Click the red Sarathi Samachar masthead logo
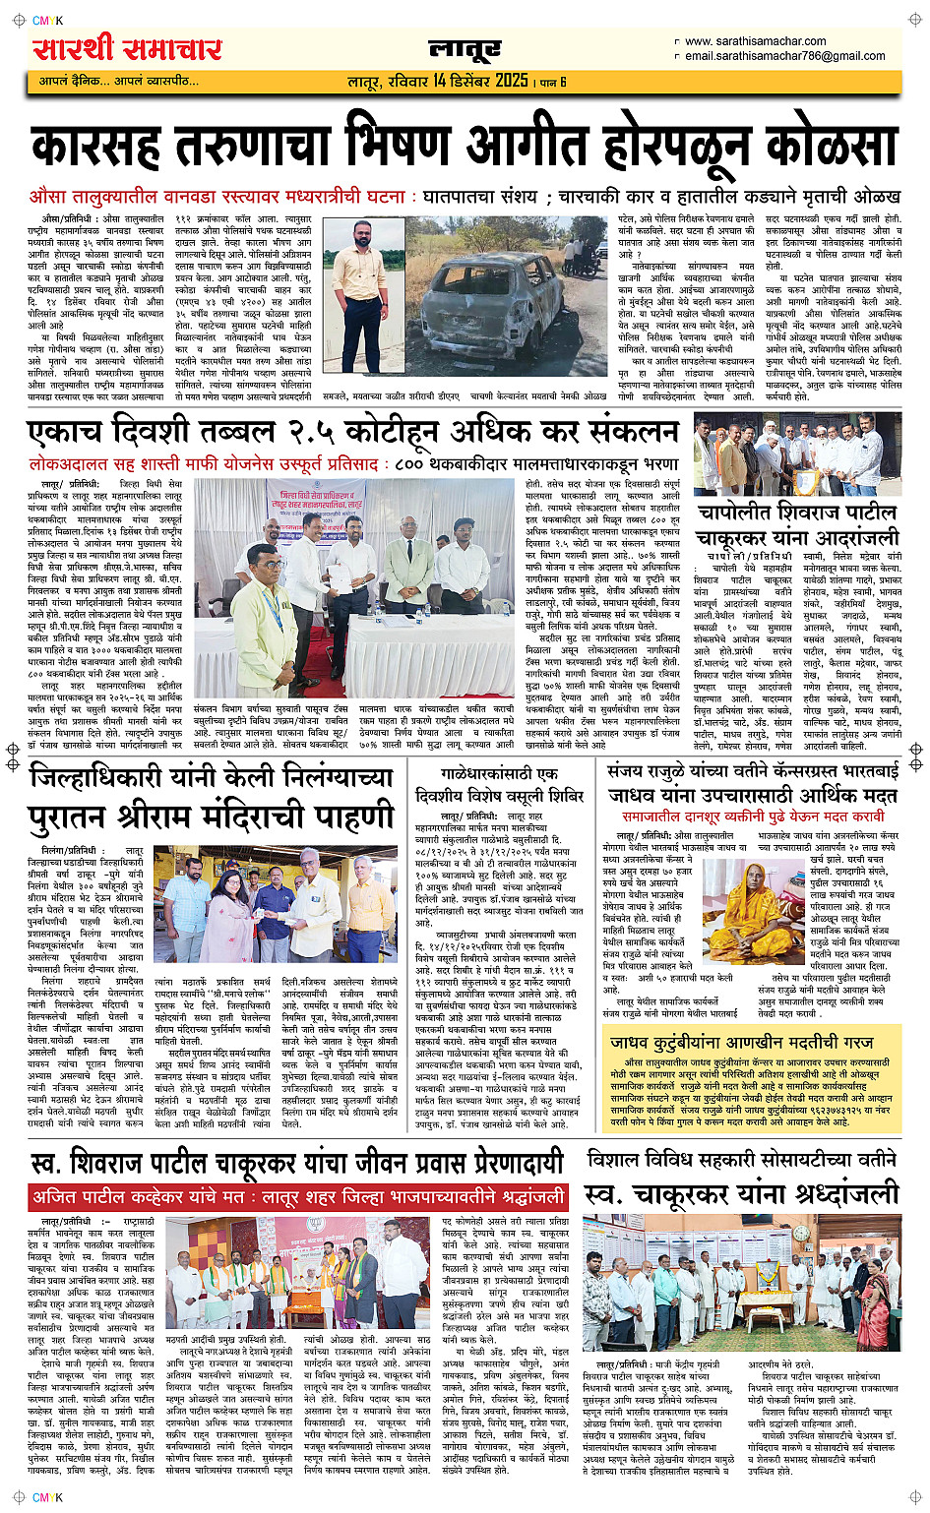click(x=127, y=48)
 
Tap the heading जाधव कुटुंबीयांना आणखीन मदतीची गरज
click(x=741, y=1042)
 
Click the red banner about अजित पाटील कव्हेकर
click(x=298, y=1196)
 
